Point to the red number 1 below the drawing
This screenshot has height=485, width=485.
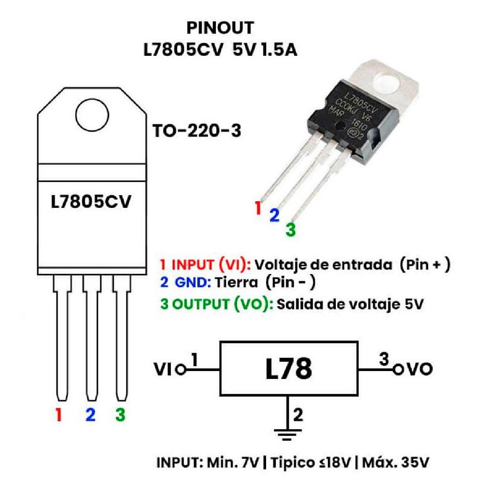[59, 415]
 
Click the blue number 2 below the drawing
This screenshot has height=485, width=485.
[90, 415]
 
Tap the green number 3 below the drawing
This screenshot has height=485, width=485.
[120, 415]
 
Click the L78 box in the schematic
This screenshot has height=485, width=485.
[289, 368]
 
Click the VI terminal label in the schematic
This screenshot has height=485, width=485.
[163, 369]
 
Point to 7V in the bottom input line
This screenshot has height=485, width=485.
[249, 463]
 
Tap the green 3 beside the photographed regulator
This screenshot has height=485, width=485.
[290, 230]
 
